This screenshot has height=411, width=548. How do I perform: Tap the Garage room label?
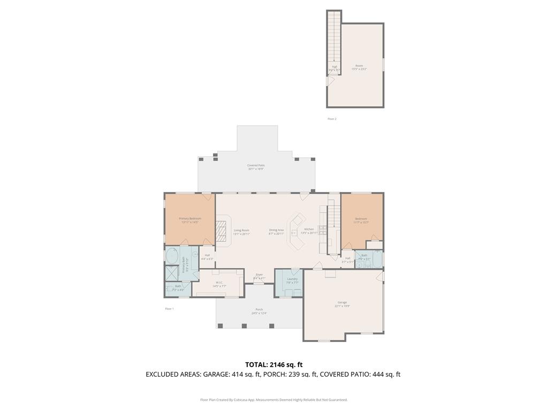coord(342,303)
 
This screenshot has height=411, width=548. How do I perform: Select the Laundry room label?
coord(292,279)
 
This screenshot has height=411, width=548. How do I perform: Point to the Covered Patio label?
coord(256,166)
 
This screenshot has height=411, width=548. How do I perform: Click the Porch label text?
coord(259,310)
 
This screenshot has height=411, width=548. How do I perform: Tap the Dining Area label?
coord(276,231)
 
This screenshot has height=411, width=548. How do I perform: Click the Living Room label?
coord(241,231)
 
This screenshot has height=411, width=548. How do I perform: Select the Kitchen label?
coord(309,230)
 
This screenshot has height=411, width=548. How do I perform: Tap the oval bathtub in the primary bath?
coord(172,256)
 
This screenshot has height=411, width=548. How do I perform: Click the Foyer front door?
coord(259,283)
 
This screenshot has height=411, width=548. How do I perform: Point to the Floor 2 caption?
coord(332,119)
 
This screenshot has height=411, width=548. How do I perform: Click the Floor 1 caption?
coord(169,309)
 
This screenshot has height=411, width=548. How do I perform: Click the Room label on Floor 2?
coord(359,67)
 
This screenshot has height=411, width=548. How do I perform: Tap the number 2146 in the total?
coord(284,365)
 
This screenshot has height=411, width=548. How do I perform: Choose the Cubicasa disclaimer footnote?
coord(273,400)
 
